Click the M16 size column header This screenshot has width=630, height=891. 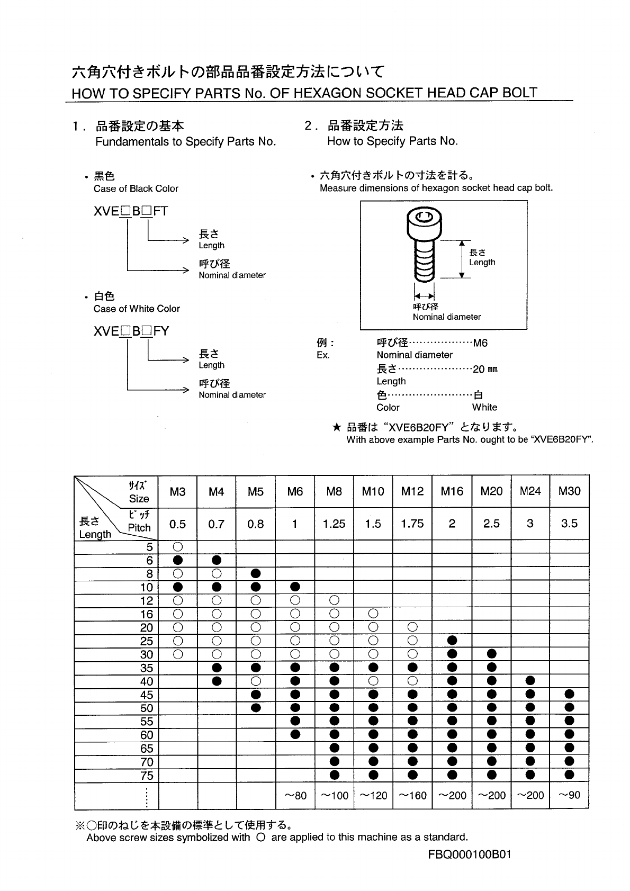(452, 491)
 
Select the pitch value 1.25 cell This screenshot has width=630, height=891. (334, 524)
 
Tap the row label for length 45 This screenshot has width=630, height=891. (147, 695)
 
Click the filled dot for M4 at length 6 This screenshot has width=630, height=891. (217, 560)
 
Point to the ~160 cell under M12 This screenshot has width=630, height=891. (412, 795)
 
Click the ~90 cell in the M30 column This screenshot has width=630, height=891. (569, 795)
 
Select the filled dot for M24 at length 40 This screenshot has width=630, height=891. (530, 681)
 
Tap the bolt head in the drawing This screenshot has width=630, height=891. (424, 222)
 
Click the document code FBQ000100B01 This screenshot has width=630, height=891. (469, 854)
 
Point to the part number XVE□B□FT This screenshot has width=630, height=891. (130, 211)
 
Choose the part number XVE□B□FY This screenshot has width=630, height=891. (131, 331)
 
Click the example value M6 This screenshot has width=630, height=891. (480, 343)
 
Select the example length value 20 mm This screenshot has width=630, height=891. (485, 369)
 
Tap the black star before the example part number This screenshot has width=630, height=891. (336, 427)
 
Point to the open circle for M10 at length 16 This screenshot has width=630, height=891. (373, 614)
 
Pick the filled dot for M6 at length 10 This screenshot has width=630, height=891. (295, 587)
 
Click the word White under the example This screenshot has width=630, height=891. (484, 407)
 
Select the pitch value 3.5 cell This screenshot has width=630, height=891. (569, 524)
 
